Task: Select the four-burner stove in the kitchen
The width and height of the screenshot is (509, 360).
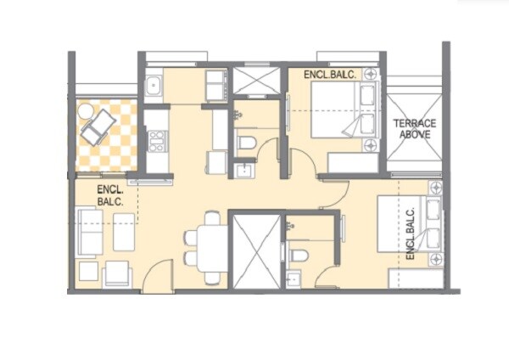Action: (156, 140)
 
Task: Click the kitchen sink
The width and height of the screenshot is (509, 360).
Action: (155, 85)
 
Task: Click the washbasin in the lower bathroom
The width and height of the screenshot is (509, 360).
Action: (294, 278)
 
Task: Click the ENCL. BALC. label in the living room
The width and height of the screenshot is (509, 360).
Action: (110, 196)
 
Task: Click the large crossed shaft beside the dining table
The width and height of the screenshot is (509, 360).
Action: (255, 251)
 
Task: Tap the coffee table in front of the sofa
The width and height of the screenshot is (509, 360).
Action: (124, 232)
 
